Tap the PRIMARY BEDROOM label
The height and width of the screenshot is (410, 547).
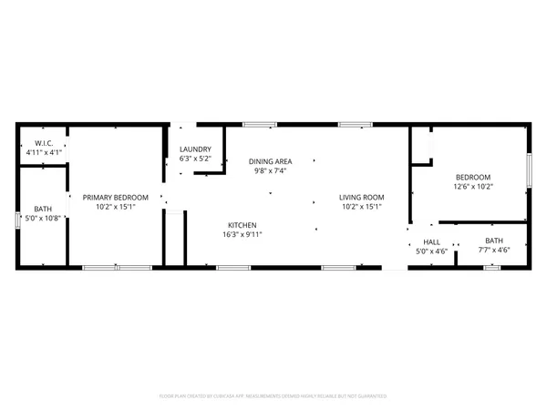click(x=108, y=197)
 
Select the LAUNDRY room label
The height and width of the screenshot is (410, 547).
click(x=195, y=149)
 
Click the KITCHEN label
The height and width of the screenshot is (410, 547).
click(x=242, y=224)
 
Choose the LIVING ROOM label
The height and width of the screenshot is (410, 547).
click(x=362, y=197)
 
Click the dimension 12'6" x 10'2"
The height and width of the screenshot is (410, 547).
click(x=472, y=186)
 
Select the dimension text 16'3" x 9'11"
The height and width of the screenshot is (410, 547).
click(x=242, y=233)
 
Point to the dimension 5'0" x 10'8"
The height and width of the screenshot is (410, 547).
click(x=42, y=218)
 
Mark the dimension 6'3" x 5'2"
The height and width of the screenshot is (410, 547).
click(x=195, y=159)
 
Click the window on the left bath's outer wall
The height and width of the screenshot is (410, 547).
click(x=17, y=220)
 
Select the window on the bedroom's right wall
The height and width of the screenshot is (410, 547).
click(x=530, y=170)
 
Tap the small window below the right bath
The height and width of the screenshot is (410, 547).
click(x=492, y=267)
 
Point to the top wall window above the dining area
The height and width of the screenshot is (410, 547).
click(x=260, y=123)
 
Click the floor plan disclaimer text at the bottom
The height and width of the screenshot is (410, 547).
click(x=273, y=396)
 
